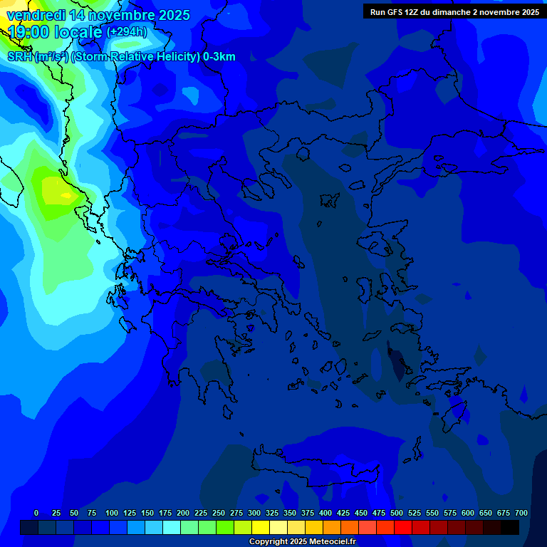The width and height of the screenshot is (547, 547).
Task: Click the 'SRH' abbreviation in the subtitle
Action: coord(19,57)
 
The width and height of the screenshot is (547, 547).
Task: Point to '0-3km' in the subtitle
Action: coord(219,57)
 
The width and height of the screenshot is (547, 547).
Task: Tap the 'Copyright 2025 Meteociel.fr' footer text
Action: coord(302,542)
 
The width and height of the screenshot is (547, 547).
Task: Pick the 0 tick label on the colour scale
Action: coord(36,513)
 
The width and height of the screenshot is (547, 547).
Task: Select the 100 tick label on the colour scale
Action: coord(112,513)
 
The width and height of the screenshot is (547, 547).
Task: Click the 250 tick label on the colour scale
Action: coord(219,513)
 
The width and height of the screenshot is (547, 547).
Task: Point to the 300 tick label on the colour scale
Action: coord(254,513)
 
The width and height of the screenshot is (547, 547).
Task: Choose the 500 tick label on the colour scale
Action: coord(397,513)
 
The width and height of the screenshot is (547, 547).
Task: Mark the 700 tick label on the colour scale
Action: coord(521,513)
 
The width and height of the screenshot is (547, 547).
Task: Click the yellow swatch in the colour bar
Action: coord(261,527)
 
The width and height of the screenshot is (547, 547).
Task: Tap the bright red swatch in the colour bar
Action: coord(403,527)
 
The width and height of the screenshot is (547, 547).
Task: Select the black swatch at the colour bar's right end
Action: coord(510,527)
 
